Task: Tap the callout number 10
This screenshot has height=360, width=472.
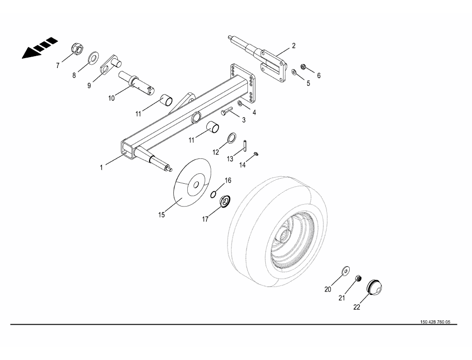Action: point(111,98)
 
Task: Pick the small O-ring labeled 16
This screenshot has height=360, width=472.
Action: point(214,194)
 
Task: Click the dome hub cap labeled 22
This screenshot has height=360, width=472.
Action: point(375,288)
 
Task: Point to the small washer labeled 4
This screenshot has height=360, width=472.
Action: point(240,103)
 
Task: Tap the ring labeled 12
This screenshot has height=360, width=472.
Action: point(232,137)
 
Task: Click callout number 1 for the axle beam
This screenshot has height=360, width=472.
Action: point(101,168)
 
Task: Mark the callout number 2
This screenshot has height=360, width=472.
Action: point(294,46)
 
